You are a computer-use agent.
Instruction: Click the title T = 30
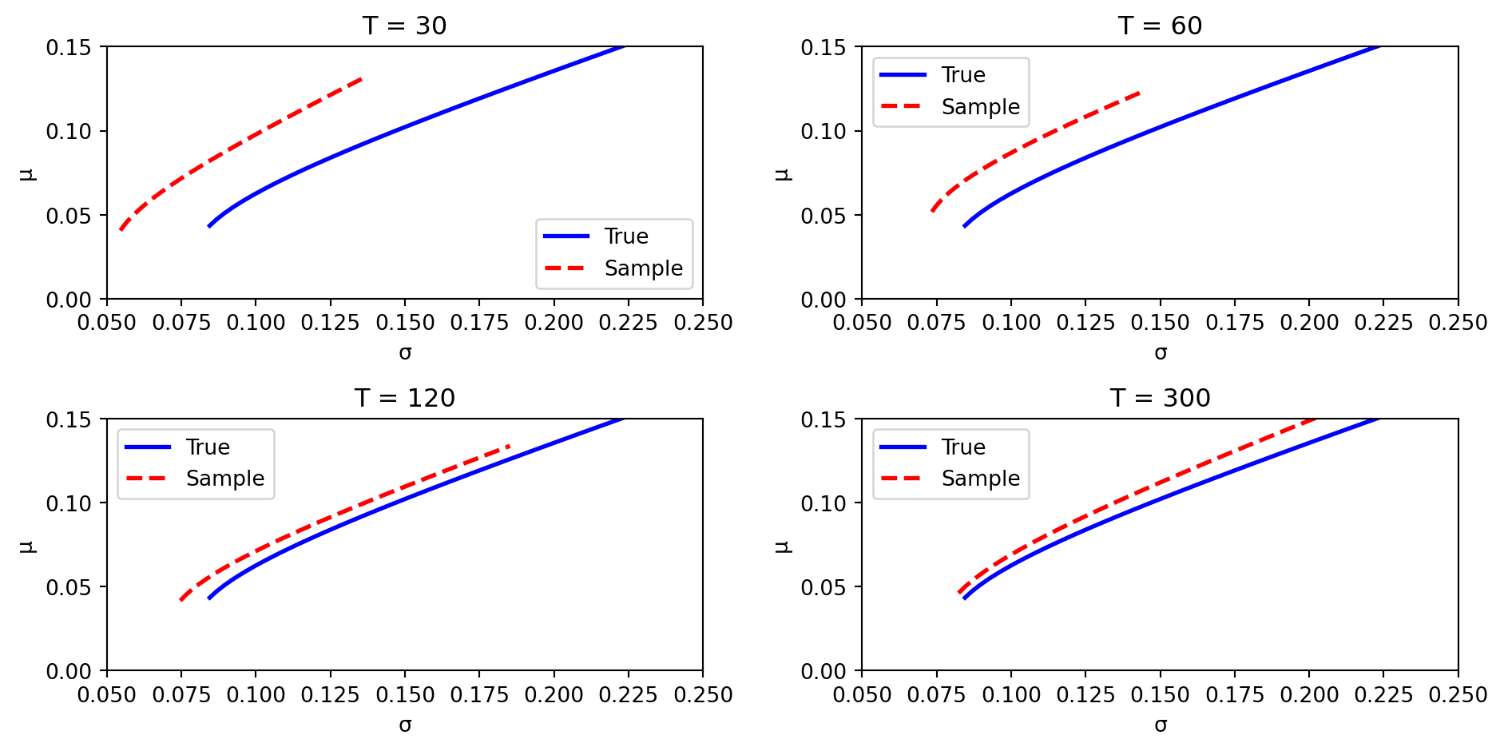tap(404, 26)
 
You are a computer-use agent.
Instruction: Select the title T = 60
tap(1160, 26)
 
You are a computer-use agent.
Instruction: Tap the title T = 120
tap(404, 398)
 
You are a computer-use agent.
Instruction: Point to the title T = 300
tap(1160, 398)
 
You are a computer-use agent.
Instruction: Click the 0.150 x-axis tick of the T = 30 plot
tap(404, 323)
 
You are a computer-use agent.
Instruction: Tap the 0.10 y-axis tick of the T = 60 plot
tap(823, 131)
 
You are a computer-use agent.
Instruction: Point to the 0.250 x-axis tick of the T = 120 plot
tap(703, 695)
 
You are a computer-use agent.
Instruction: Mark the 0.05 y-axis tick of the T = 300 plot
tap(823, 587)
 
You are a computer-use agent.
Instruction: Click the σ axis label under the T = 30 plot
tap(405, 352)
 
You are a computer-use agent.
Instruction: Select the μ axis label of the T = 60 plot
tap(783, 173)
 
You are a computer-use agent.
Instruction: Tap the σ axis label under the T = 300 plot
tap(1161, 725)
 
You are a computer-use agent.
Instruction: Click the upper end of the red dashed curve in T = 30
tap(362, 78)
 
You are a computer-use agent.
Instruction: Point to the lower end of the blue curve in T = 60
tap(964, 227)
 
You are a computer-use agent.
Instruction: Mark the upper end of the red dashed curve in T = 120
tap(509, 446)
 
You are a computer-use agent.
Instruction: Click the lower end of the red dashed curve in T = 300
tap(958, 593)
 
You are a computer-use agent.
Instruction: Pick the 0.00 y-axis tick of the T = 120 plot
tap(68, 671)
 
